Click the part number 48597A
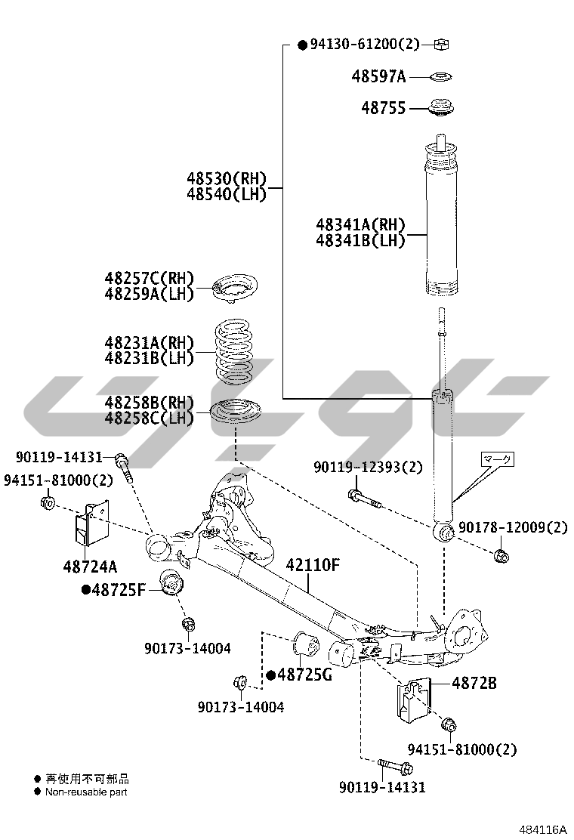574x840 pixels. (378, 76)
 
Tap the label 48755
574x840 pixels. (383, 108)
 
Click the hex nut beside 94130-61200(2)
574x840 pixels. (441, 44)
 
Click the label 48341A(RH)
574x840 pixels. (360, 224)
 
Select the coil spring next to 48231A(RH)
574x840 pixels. (236, 351)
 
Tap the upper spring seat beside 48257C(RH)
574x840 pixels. (234, 288)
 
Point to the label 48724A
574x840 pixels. (90, 565)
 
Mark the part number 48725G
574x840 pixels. (304, 675)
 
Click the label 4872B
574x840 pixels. (474, 683)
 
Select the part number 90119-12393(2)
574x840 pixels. (369, 468)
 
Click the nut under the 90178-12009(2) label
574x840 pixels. (500, 557)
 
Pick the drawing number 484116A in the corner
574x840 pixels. (542, 829)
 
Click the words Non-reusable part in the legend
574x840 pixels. (86, 792)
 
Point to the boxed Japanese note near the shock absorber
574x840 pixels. (498, 458)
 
